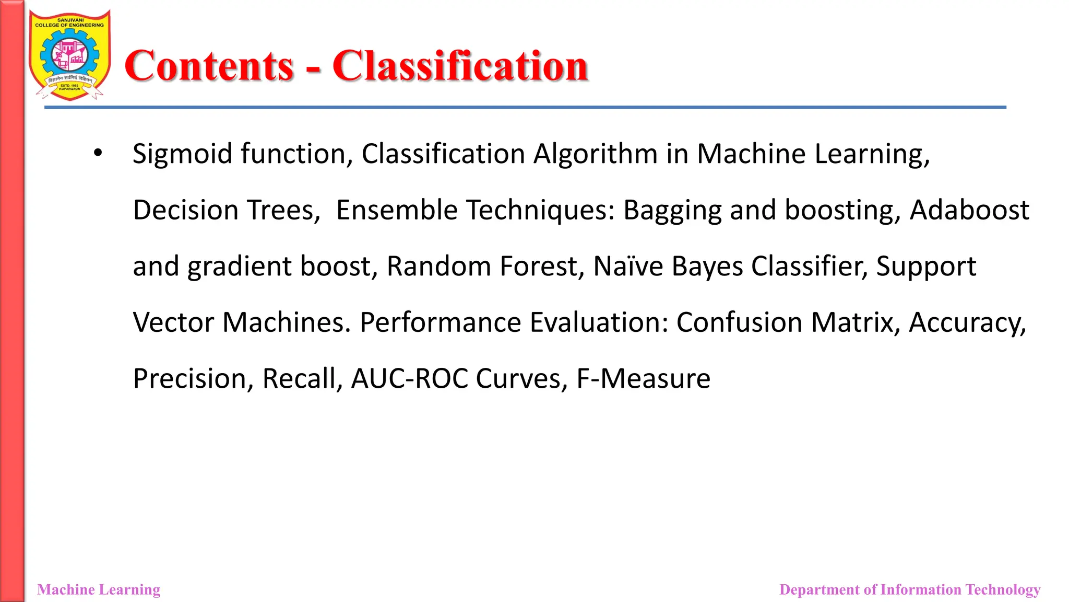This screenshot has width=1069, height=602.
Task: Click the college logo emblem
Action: pos(69,55)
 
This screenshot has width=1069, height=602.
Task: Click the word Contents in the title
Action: pos(209,66)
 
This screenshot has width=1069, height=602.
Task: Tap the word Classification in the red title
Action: pos(460,66)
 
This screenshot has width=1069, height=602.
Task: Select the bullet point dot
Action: pos(98,153)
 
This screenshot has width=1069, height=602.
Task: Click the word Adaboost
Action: pos(969,210)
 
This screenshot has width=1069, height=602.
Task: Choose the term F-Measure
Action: pos(643,378)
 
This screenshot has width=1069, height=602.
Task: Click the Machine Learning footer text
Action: pos(99,589)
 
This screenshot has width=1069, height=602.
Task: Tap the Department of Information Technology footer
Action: pos(910,589)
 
